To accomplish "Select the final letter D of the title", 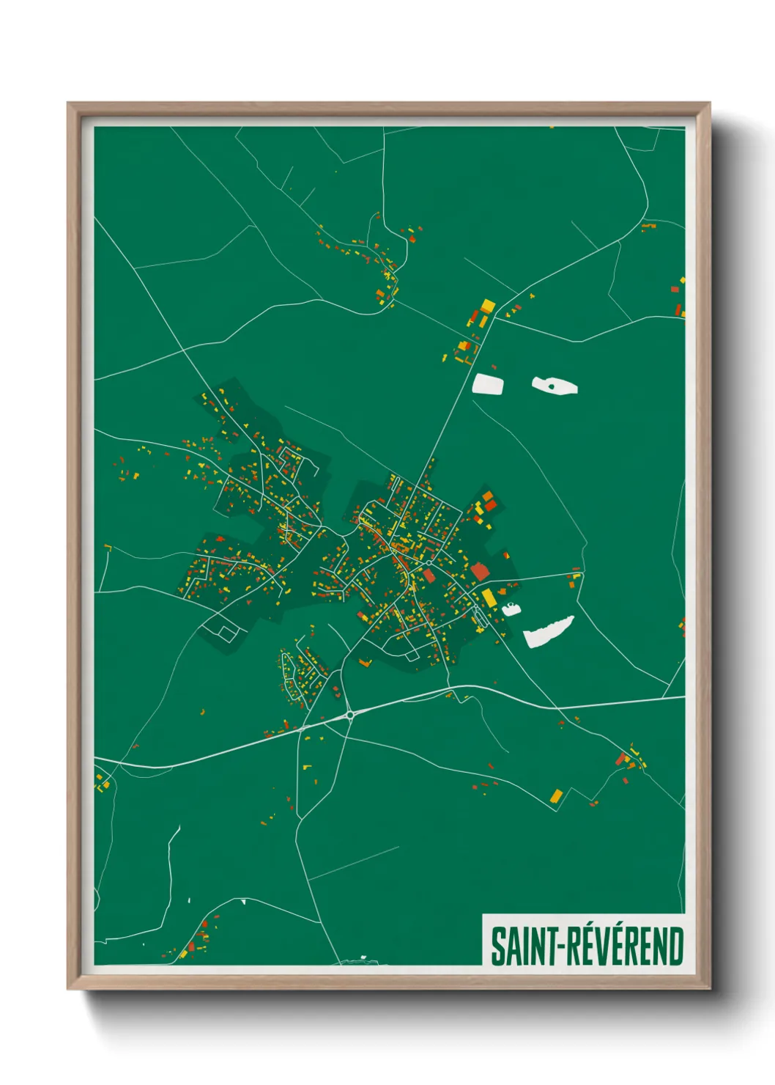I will click(675, 946).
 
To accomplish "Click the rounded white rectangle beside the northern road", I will click(489, 384).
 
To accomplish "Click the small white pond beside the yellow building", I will click(510, 608).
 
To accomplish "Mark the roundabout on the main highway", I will click(350, 714).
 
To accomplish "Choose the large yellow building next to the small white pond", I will click(487, 597).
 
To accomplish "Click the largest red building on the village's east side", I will click(479, 571).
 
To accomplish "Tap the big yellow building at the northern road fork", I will click(487, 306).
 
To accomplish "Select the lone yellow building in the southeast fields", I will click(557, 795).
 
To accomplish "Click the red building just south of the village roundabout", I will click(429, 576).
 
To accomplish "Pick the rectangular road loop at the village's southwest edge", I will click(221, 628).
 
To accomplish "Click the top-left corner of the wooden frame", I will click(68, 103).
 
